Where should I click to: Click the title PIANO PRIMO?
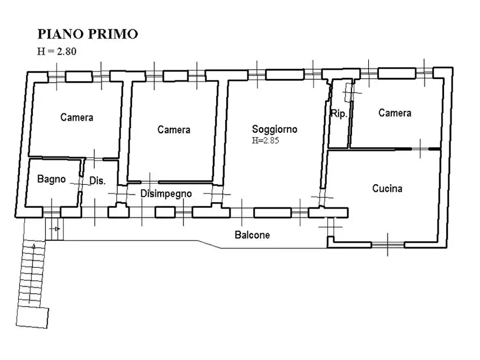pos(87,34)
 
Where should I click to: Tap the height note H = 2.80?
pos(58,52)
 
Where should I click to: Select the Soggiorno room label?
pos(275,129)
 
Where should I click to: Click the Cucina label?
pos(387,189)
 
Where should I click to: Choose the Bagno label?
pos(51,179)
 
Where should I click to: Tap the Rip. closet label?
pos(339,114)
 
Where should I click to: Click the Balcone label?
pos(252,235)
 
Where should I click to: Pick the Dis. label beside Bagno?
pos(97,181)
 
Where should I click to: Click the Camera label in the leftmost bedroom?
pos(76,117)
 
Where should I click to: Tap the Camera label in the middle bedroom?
pos(174,129)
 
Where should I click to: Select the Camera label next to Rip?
pos(395,113)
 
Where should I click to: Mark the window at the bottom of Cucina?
pos(388,244)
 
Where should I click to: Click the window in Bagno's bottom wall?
pos(52,213)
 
